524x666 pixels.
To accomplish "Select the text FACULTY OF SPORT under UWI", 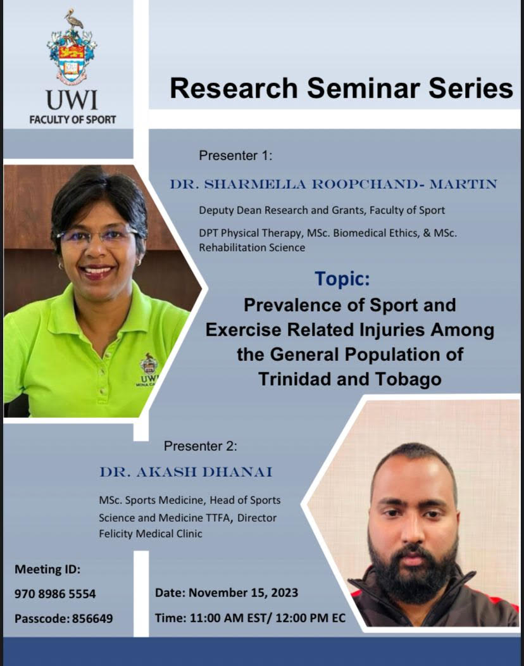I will (72, 120).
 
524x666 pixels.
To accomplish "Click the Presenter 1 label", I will (235, 155).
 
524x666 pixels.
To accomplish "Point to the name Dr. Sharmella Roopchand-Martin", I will (333, 184).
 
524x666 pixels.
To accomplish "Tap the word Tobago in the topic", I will (405, 379).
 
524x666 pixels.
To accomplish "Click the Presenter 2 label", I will (201, 446).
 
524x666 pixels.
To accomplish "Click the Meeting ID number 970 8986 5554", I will (55, 594).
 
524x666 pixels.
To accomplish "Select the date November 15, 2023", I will (243, 593).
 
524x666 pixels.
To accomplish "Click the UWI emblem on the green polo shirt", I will (149, 365).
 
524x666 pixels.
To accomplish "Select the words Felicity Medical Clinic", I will (151, 533).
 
